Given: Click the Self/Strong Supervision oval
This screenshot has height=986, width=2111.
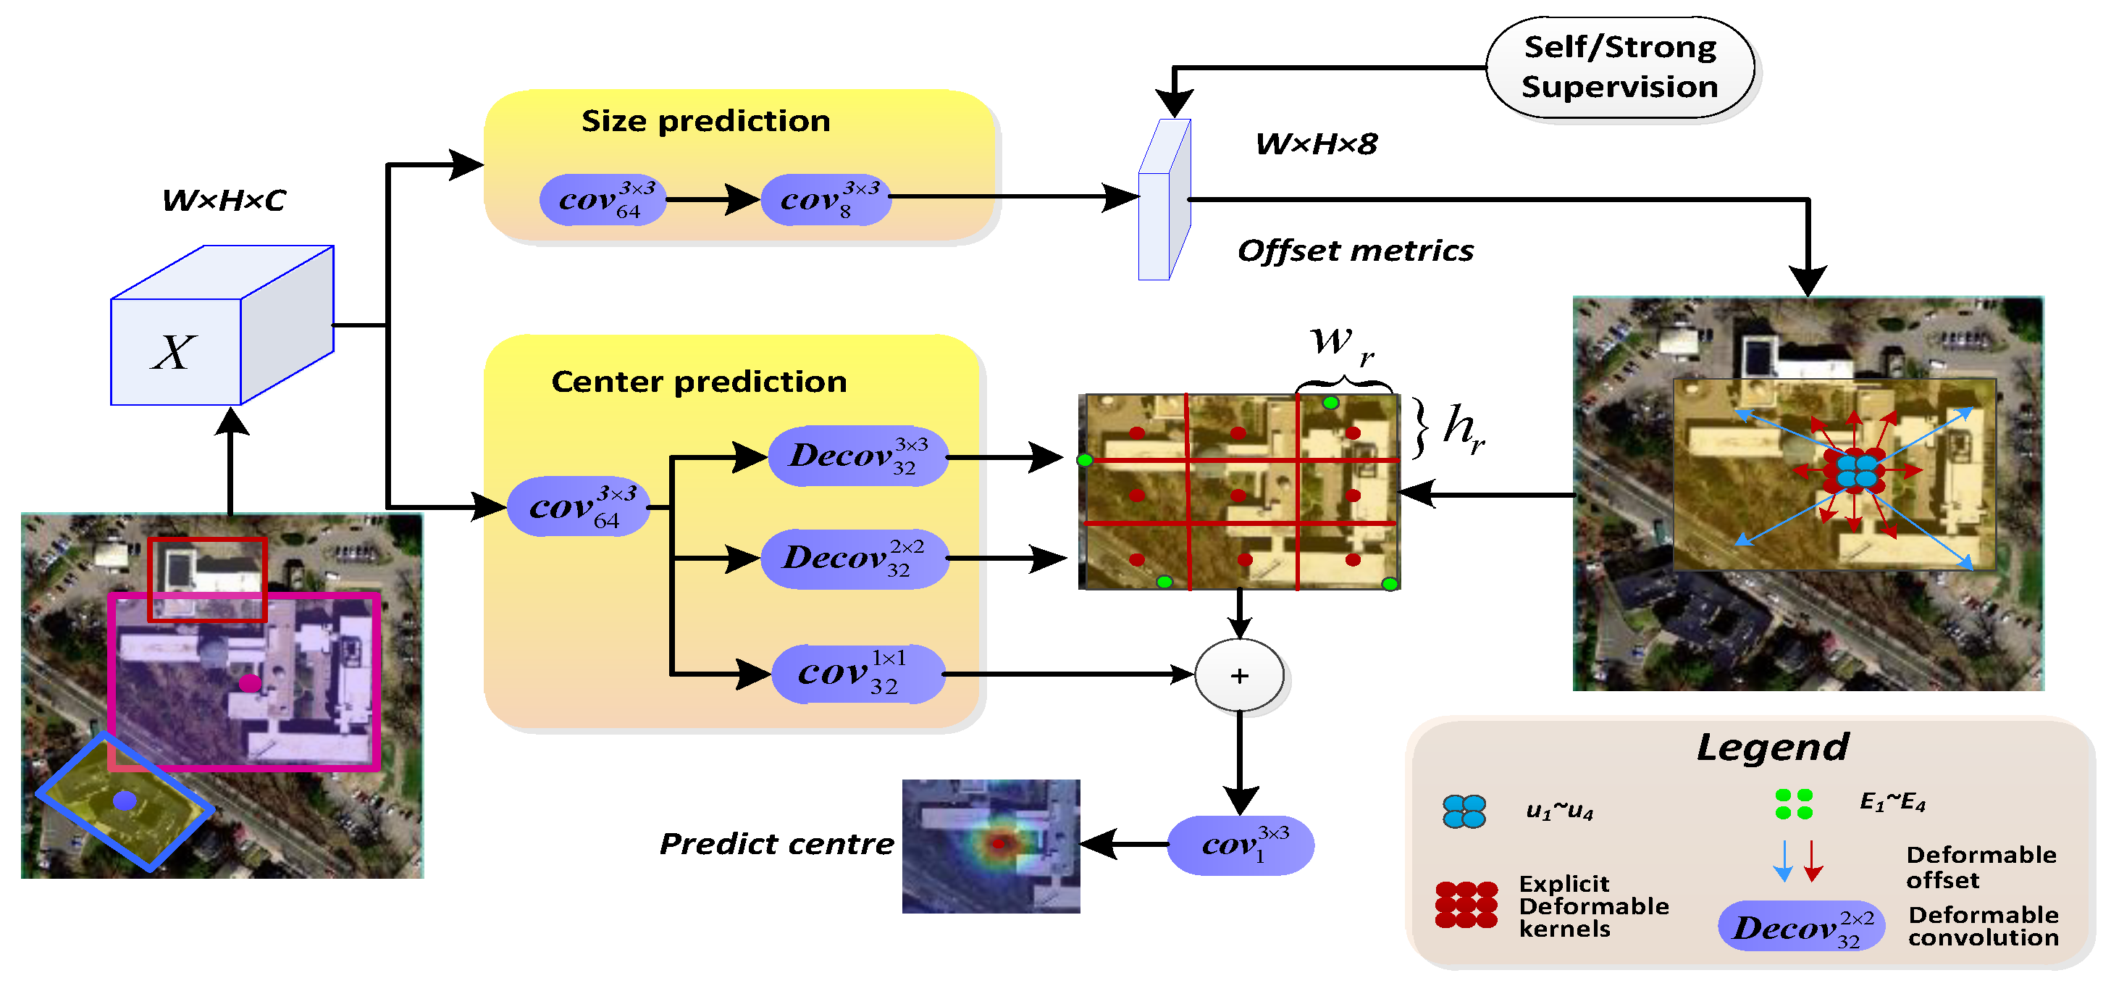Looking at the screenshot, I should pos(1619,67).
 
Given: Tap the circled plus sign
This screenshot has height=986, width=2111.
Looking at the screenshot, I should pos(1239,675).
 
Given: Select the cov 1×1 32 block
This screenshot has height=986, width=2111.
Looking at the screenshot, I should pos(857,674).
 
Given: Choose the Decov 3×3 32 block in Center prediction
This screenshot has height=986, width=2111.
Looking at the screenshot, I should pos(857,456).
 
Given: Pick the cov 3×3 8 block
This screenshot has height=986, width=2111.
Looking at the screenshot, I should pos(826,199).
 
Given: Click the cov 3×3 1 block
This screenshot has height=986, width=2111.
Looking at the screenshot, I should pos(1240,844).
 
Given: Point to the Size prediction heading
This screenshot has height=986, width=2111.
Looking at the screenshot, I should pos(705,121).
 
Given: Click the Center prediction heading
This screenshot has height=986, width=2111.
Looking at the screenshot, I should pos(699,382).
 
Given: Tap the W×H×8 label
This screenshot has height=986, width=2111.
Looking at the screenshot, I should pos(1316,144).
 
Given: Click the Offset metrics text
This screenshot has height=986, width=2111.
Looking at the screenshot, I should pos(1355,251).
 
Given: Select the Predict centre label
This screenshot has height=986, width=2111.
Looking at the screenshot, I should pos(776,844).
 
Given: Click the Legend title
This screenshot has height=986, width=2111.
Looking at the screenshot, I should pos(1773,748).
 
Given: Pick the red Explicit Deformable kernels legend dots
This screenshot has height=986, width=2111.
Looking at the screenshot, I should pos(1466,905).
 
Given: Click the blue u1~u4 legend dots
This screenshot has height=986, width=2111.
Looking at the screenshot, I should pos(1464,811).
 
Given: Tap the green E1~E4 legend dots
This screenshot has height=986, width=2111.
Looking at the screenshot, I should pos(1793,804).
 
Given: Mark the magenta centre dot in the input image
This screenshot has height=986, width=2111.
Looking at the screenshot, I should pos(249,682).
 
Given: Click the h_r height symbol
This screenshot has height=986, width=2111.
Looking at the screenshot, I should pos(1463,429).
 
